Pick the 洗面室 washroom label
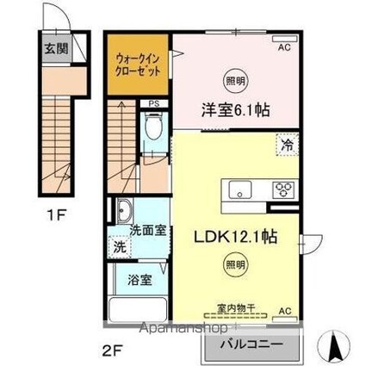[147, 232]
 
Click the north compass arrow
[335, 346]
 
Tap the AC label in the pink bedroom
[283, 48]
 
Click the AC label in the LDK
[285, 310]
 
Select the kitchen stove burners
[283, 188]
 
